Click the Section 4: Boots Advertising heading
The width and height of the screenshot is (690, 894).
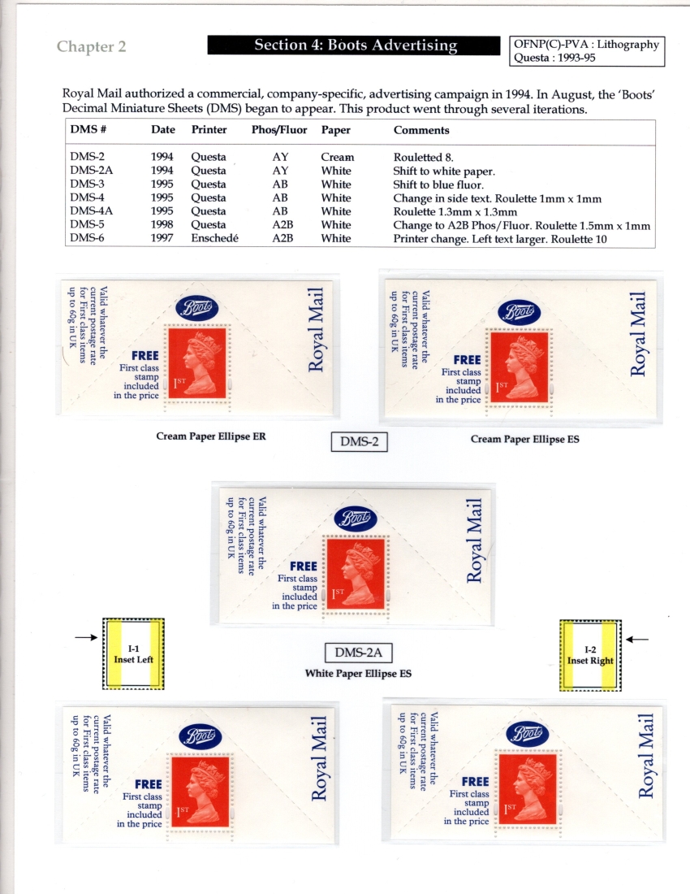pos(355,46)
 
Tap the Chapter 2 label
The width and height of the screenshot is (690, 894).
pos(91,46)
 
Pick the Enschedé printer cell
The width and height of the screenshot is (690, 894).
pos(214,239)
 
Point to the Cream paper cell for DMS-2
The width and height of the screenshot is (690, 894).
pos(337,158)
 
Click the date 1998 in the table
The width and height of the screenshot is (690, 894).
pos(162,225)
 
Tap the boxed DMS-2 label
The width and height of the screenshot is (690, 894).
pos(360,441)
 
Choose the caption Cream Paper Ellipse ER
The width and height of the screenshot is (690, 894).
pos(210,436)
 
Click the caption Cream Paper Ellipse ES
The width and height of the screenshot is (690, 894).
pos(524,440)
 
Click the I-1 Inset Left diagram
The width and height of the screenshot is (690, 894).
pos(133,653)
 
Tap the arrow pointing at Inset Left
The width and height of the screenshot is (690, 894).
pos(85,638)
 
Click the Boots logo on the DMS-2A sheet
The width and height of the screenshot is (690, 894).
pos(356,519)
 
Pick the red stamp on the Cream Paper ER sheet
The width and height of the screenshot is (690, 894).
pos(197,363)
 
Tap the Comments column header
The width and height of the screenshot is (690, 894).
pos(421,130)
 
